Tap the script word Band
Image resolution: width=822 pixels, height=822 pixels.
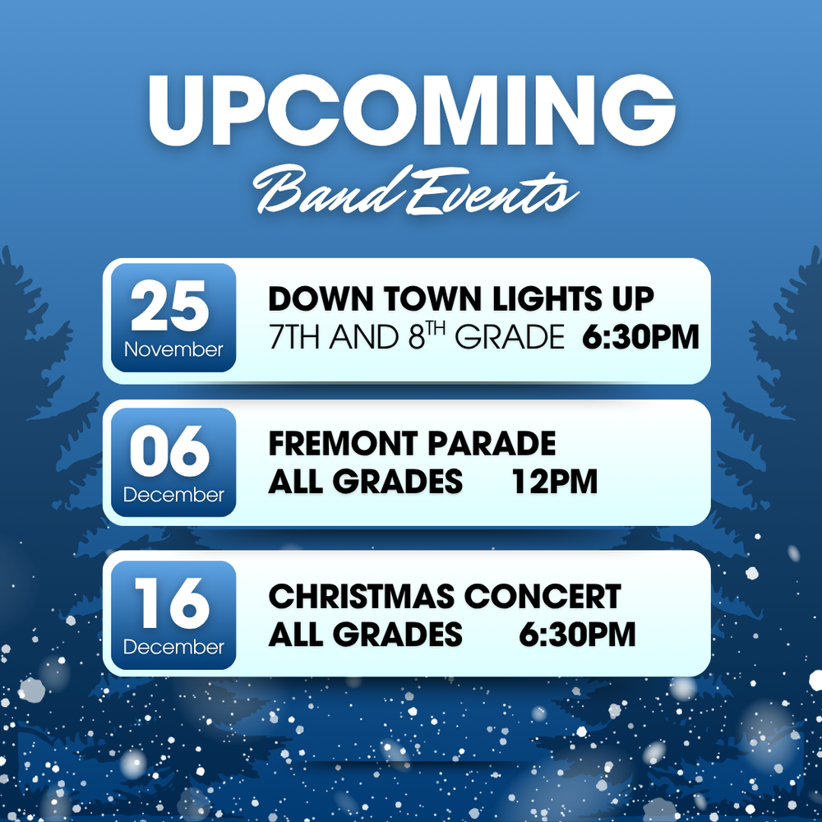click(x=317, y=191)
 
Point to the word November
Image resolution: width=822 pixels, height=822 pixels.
click(x=173, y=350)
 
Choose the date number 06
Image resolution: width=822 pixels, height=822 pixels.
click(x=170, y=454)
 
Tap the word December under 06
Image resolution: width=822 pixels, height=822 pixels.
click(x=173, y=495)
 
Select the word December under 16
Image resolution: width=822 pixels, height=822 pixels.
click(x=173, y=647)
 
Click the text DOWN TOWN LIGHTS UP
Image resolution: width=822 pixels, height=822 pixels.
click(x=461, y=299)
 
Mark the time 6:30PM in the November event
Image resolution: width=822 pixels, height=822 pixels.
click(x=641, y=337)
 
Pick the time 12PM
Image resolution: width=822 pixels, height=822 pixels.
click(x=554, y=482)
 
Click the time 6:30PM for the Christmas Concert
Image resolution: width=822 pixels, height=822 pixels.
click(x=577, y=634)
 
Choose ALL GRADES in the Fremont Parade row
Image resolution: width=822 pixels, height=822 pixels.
click(x=365, y=482)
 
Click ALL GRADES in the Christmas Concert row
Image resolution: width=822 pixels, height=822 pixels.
click(x=365, y=634)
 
